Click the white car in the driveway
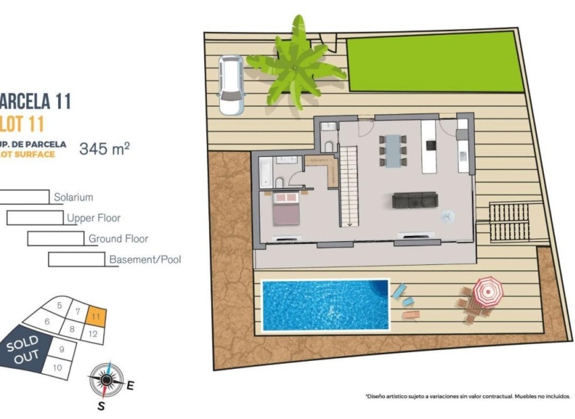coord(231,84)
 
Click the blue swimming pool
coord(325,305)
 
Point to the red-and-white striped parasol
coord(487,291)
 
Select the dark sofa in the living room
coord(415,200)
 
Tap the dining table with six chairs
coord(393,150)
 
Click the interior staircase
coord(348,186)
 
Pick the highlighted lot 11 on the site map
coord(96,316)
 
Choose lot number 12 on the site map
coord(93,333)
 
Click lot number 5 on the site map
coord(60,305)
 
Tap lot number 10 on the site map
coord(57,368)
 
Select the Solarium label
coord(73,198)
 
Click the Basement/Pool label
coord(145,260)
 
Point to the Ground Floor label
coord(118,239)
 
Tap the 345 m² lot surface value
coord(104,149)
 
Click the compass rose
coord(106,379)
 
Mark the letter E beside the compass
coord(131,386)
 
